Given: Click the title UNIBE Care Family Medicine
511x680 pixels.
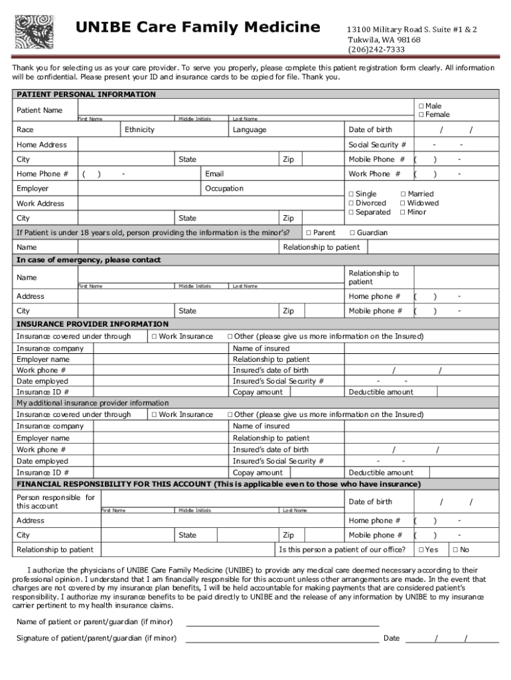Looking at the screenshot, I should click(x=198, y=28).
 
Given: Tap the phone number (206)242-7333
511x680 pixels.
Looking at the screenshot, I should click(x=376, y=50).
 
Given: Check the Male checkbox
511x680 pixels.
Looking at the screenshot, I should click(x=421, y=106).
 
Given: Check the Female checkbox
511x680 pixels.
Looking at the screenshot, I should click(x=421, y=115).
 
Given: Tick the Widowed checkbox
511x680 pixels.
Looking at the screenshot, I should click(x=403, y=203).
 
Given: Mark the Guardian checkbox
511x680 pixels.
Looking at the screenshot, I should click(x=352, y=233).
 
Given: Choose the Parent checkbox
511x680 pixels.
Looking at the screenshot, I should click(x=308, y=233).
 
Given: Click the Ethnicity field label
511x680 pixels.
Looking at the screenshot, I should click(x=139, y=129).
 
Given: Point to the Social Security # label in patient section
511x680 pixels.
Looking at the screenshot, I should click(x=378, y=145).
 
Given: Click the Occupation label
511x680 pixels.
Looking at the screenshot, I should click(x=224, y=189).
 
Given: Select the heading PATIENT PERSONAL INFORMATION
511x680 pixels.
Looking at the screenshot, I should click(x=86, y=94).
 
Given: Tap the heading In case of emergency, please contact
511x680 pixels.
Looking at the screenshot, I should click(x=88, y=260).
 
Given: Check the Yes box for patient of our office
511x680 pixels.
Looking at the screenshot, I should click(x=420, y=550).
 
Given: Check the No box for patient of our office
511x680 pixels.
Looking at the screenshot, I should click(x=455, y=550).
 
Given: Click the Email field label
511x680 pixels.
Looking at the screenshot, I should click(x=214, y=174).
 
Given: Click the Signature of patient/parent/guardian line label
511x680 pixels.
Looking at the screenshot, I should click(x=96, y=638).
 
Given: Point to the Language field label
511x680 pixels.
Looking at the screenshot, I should click(x=250, y=129).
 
